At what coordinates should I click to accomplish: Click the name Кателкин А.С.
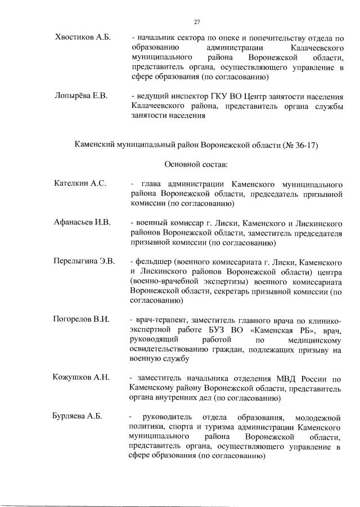click(80, 184)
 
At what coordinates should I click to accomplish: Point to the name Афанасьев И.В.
click(82, 223)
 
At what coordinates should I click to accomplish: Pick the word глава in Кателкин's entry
click(151, 184)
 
